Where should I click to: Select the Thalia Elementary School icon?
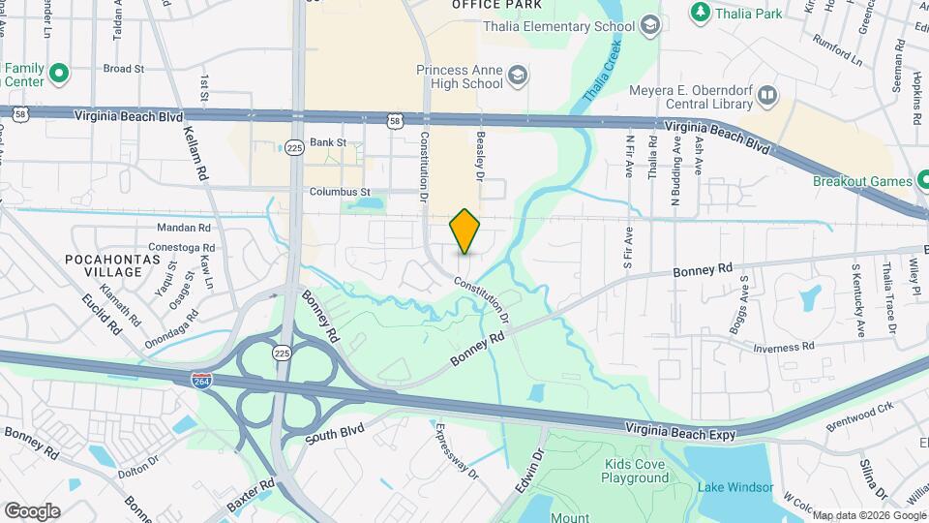[650, 25]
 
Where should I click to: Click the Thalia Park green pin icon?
[699, 13]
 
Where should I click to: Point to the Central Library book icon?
[767, 95]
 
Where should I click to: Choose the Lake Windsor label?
[734, 486]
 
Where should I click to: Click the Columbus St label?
[340, 192]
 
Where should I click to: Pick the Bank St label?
[328, 142]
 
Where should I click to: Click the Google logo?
[32, 510]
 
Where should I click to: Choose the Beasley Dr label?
[478, 157]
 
